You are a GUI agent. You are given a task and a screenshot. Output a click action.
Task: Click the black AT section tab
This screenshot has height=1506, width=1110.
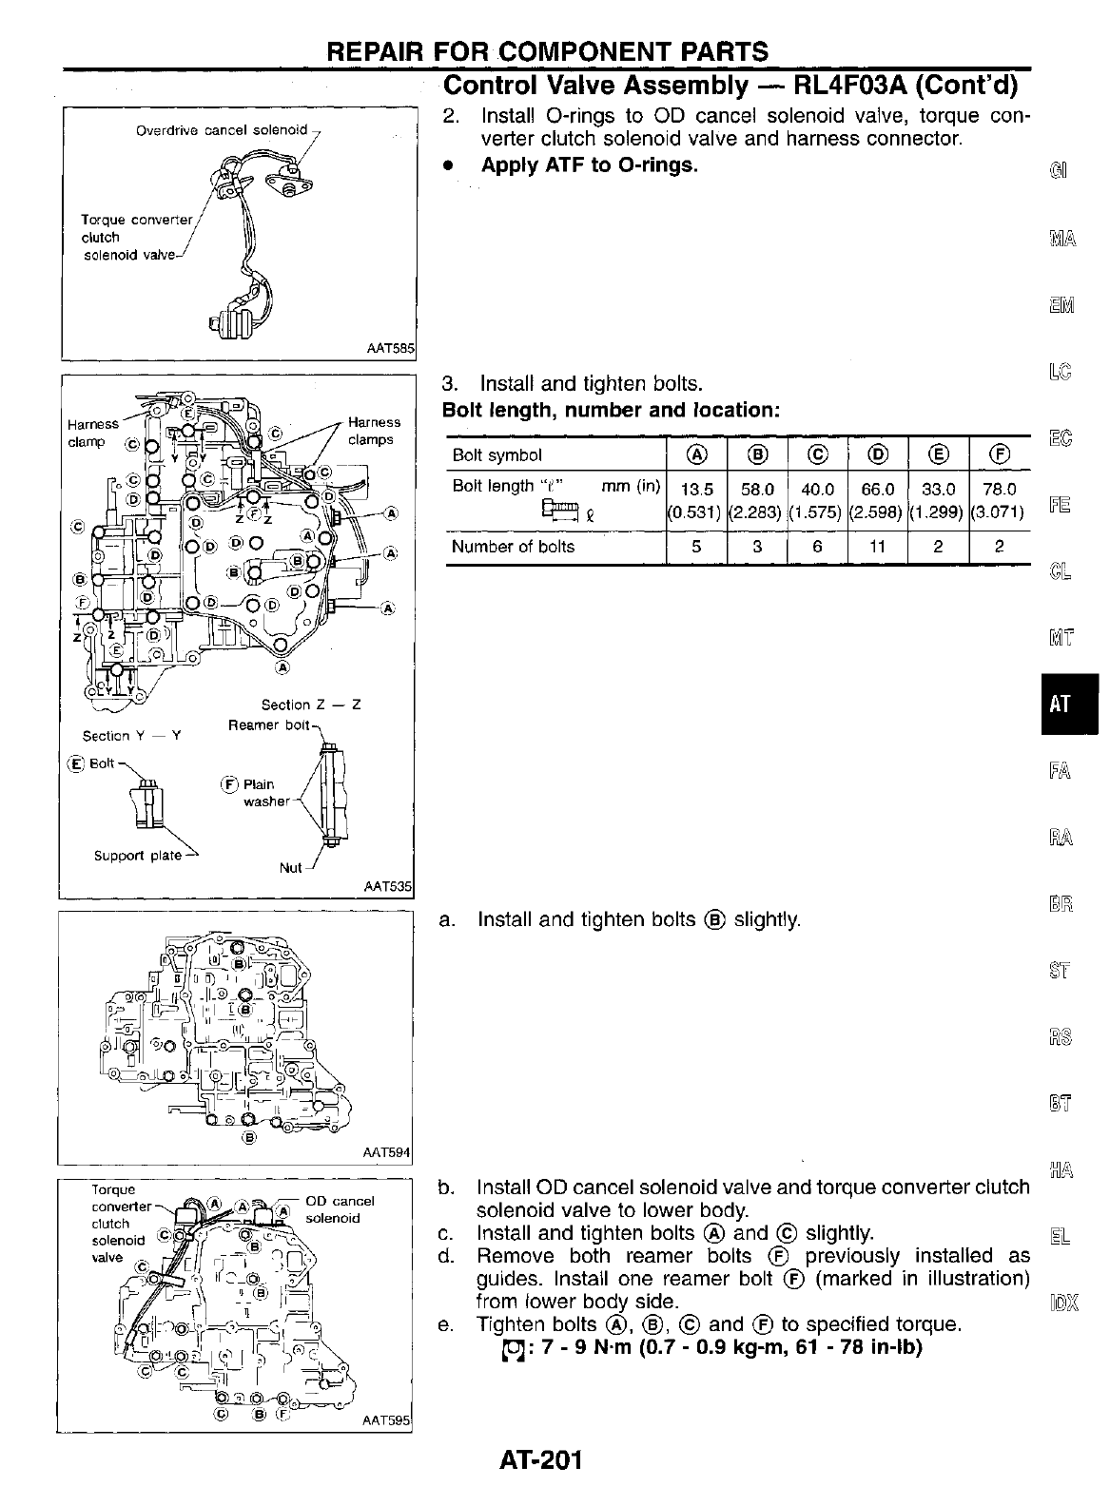[x=1069, y=705]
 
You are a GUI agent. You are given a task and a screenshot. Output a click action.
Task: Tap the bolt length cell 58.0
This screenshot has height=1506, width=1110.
[x=757, y=490]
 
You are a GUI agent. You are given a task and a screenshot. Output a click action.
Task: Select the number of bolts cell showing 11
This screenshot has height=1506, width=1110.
[x=877, y=547]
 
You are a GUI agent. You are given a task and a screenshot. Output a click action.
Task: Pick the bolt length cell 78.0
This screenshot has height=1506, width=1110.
[x=998, y=490]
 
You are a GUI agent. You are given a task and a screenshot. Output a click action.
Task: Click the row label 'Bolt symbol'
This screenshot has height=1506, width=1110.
[x=497, y=455]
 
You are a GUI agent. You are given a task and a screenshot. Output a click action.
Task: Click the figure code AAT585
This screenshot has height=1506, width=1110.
[x=390, y=349]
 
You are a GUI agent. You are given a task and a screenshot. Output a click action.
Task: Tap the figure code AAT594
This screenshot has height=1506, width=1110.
[x=386, y=1152]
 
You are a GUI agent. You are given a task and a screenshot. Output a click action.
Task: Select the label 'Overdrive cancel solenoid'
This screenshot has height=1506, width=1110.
[x=222, y=129]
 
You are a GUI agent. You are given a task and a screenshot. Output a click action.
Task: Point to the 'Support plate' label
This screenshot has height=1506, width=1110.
[x=137, y=856]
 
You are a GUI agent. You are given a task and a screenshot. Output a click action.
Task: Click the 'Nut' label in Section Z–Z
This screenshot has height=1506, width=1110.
[x=290, y=868]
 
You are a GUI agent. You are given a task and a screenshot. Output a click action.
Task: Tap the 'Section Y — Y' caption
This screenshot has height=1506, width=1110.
[x=132, y=736]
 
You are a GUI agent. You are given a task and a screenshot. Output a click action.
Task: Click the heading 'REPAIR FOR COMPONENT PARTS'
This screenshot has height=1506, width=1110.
[x=547, y=51]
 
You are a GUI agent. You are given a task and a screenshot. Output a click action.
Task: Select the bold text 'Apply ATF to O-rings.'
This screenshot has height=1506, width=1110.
[x=589, y=164]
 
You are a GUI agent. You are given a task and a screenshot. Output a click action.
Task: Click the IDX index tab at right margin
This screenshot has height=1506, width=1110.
[x=1064, y=1301]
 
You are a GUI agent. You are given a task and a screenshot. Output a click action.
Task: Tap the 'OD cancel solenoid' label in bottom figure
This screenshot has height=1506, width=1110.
[x=338, y=1209]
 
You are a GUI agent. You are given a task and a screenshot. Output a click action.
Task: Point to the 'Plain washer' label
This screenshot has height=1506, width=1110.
[x=263, y=793]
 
